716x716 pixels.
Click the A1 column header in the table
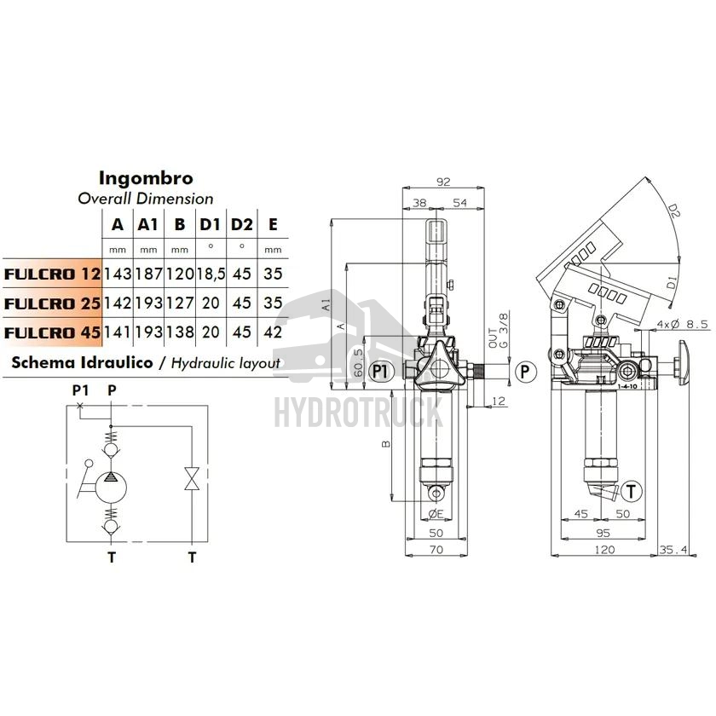[148, 225]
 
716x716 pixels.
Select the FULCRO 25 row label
[52, 303]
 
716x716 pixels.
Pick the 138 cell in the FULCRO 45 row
[180, 332]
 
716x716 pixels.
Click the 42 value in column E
[273, 332]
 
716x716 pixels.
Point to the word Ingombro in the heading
[146, 178]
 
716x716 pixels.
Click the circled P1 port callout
[380, 372]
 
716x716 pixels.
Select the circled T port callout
[631, 491]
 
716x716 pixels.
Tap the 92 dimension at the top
[443, 182]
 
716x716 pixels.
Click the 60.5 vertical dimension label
[360, 363]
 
